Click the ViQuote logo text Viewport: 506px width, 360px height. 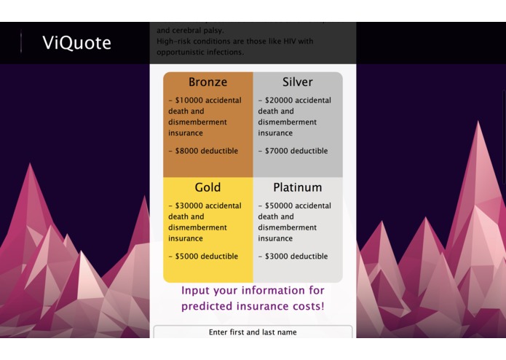tap(76, 43)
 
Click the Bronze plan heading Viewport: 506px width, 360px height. tap(207, 82)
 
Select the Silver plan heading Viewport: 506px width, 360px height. tap(298, 82)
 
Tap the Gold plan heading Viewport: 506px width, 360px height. tap(207, 188)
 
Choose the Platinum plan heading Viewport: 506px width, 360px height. tap(298, 188)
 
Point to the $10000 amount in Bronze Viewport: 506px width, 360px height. tap(189, 101)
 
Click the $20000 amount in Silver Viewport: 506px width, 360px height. tap(278, 101)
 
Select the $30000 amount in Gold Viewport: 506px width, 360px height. tap(189, 206)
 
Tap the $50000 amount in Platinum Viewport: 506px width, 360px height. tap(278, 206)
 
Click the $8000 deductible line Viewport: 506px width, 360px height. tap(203, 152)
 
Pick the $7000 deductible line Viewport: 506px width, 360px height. tap(293, 152)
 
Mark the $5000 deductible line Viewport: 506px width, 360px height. tap(203, 257)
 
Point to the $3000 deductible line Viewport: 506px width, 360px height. tap(293, 257)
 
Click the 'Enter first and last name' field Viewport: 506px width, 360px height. tap(253, 332)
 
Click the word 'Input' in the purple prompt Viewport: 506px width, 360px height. tap(197, 291)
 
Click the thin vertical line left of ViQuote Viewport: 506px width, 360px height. tap(21, 43)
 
